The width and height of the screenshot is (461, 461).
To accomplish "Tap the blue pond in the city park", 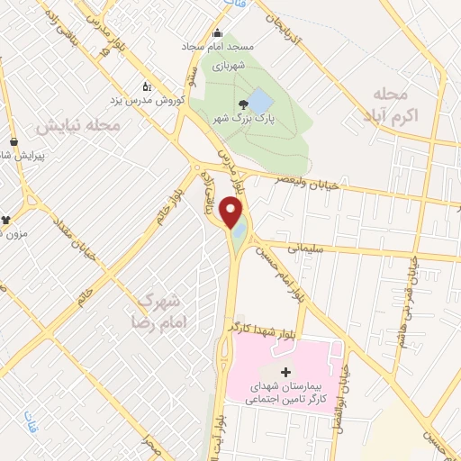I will tap(257, 100).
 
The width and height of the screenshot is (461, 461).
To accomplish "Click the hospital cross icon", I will tap(286, 372).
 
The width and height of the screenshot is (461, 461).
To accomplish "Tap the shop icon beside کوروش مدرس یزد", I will tap(148, 87).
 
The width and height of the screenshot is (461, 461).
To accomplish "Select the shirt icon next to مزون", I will tap(6, 218).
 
